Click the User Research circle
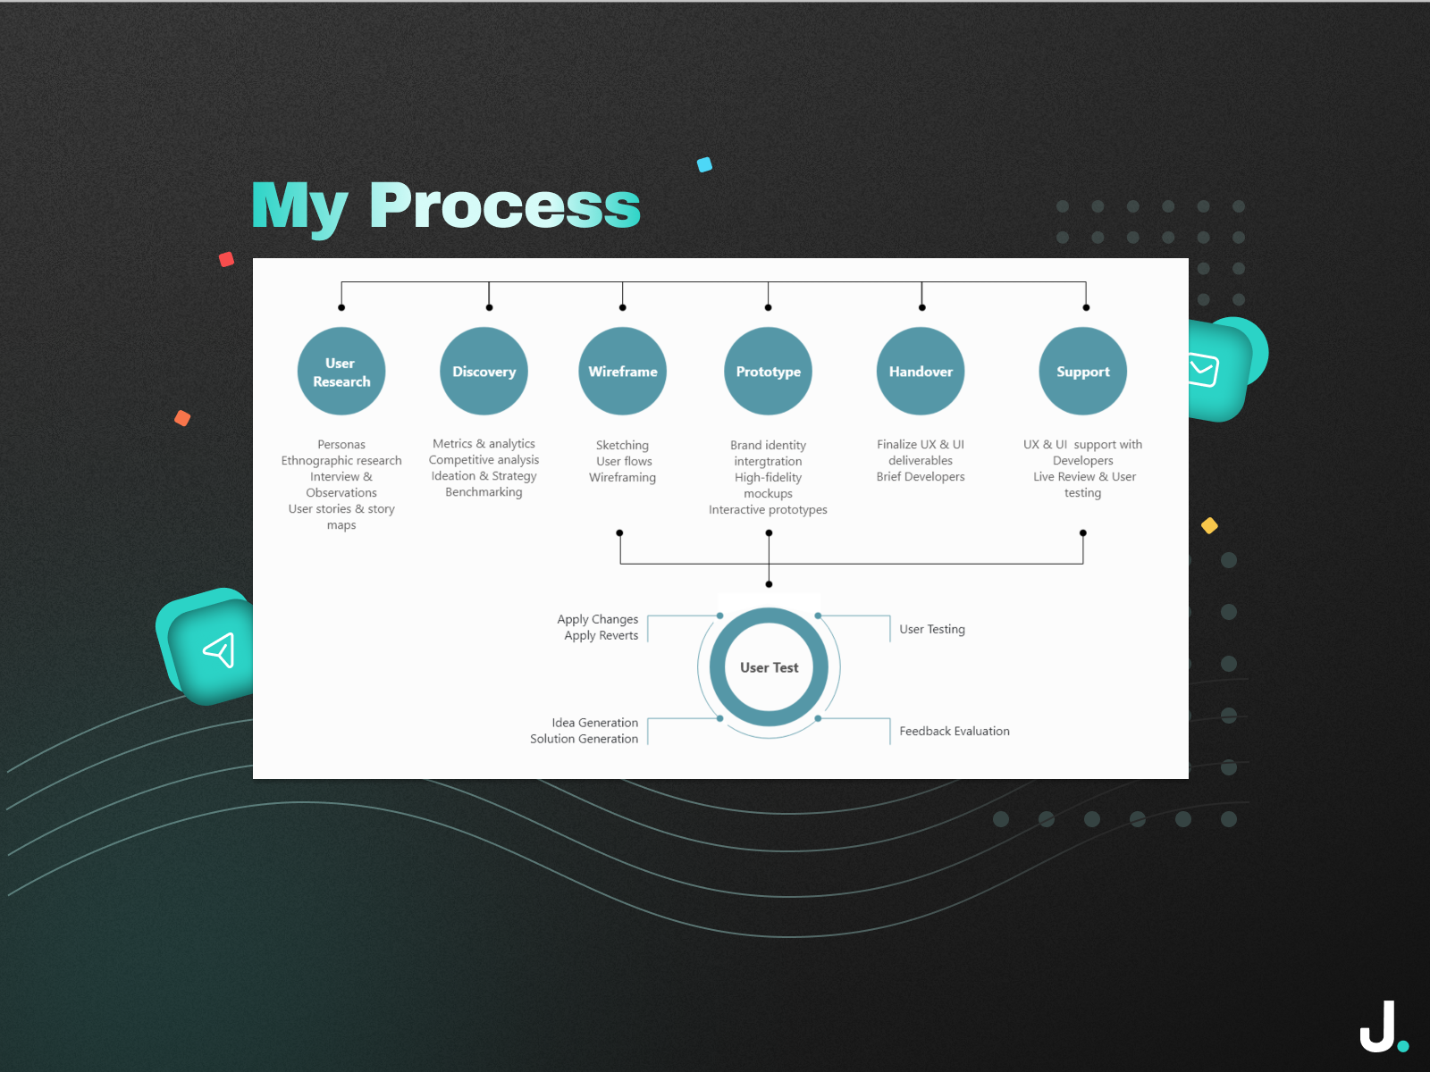click(341, 372)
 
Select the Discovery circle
click(484, 372)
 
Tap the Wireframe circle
click(623, 372)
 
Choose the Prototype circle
click(768, 372)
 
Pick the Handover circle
click(921, 372)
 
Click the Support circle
click(1082, 372)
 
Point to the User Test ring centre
click(769, 667)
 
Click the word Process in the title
click(505, 206)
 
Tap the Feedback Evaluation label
click(954, 731)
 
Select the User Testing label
click(931, 629)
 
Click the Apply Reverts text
click(601, 636)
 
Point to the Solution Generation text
click(584, 739)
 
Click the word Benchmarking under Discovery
click(484, 492)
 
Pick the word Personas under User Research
click(341, 444)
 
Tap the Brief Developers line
click(921, 477)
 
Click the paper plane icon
click(219, 650)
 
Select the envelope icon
click(1204, 370)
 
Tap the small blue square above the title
click(704, 164)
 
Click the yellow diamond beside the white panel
click(1209, 525)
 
